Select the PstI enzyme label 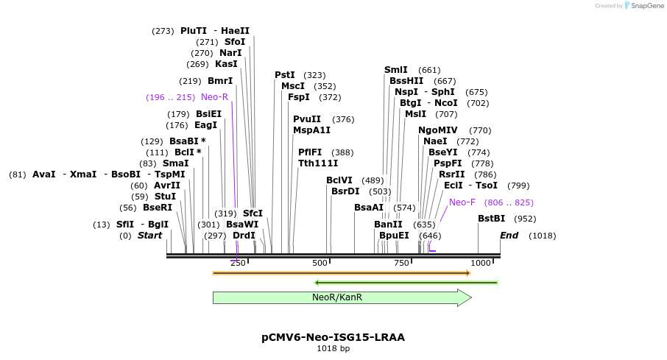coord(284,75)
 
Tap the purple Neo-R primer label coord(214,97)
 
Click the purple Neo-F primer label coord(462,202)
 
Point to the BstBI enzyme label coord(491,219)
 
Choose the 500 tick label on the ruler coord(320,263)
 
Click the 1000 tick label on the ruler coord(481,263)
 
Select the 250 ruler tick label coord(239,263)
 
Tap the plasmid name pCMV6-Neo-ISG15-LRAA coord(333,337)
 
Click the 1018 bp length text coord(333,348)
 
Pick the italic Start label coord(149,236)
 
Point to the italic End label coord(509,236)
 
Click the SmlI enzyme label coord(395,70)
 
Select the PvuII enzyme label coord(307,119)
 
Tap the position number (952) coord(525,219)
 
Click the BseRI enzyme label coord(157,208)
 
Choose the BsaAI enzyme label coord(369,208)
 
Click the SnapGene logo coord(640,6)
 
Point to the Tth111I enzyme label coord(318,163)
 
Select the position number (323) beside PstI coord(314,75)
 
